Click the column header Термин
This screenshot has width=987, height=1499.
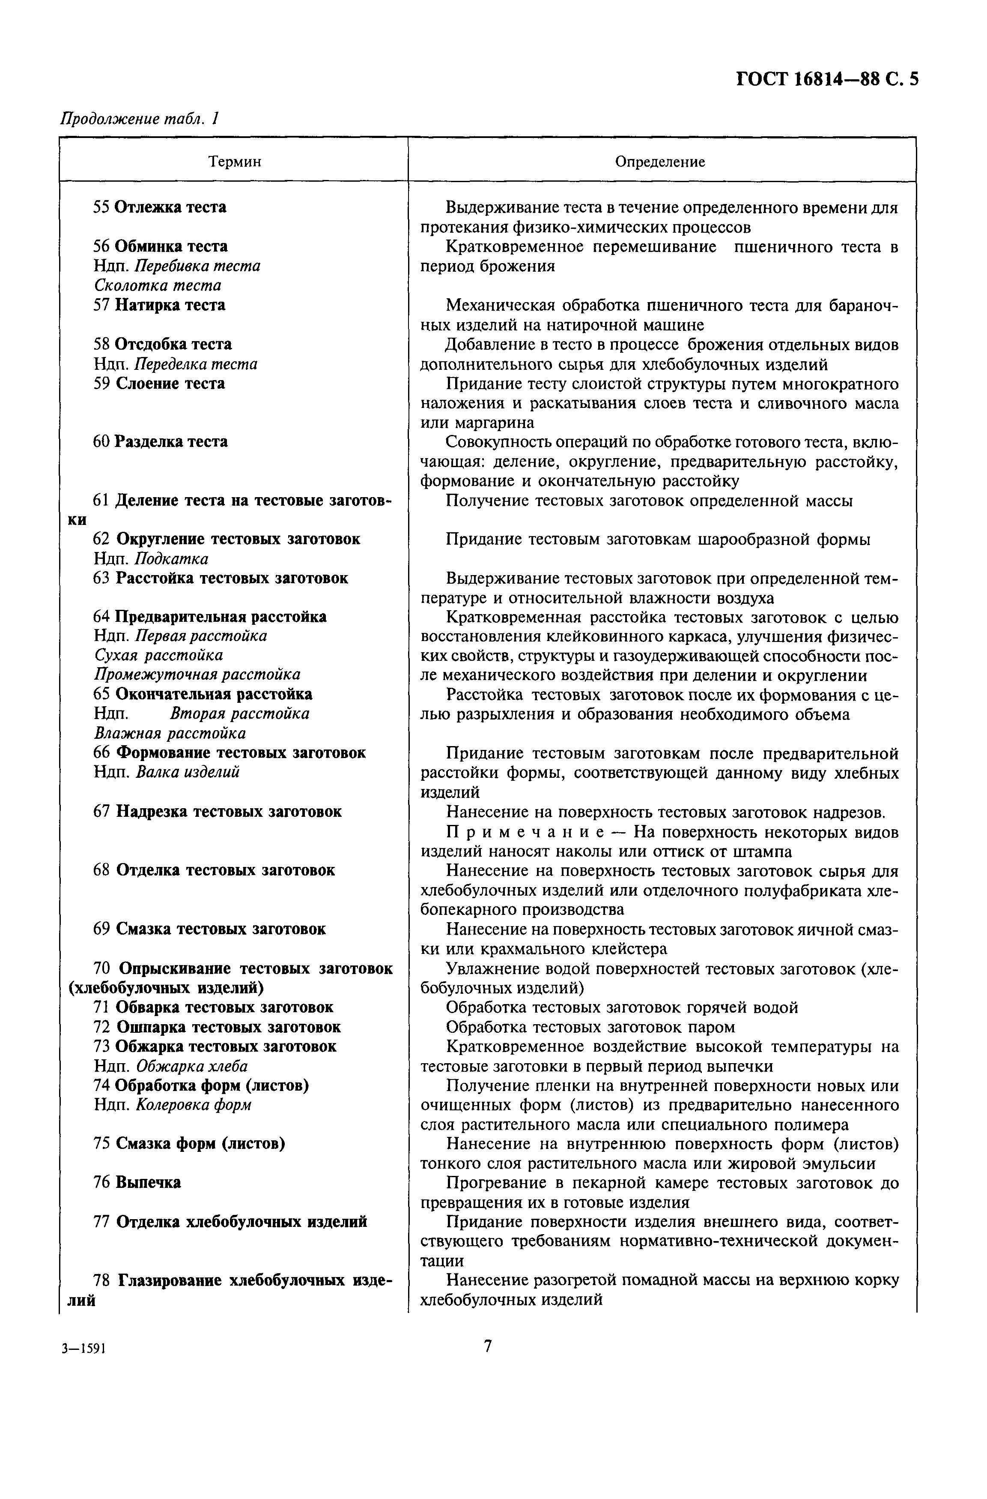234,162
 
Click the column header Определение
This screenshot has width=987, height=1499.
660,162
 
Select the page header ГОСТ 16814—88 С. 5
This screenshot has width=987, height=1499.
826,79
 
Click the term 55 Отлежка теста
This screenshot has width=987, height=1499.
160,207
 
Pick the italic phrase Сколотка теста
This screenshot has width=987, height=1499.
158,285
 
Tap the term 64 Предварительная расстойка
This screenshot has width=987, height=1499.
210,617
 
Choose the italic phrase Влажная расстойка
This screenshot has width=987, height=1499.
170,733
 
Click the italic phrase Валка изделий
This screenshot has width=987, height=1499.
188,772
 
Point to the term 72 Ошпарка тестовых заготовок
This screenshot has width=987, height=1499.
217,1027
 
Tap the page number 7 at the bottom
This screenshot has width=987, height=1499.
487,1346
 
